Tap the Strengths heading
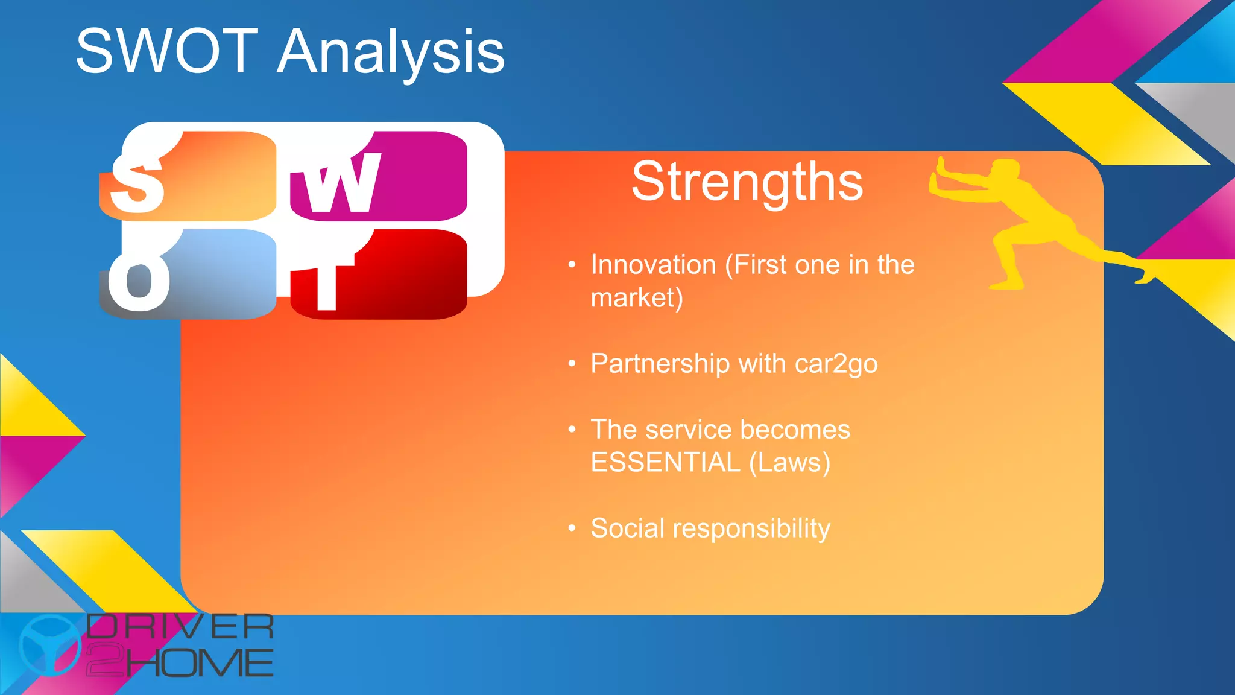747,182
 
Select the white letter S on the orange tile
137,183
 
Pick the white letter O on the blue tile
139,280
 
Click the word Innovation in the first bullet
653,265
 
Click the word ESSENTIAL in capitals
665,463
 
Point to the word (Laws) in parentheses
789,463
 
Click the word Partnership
660,364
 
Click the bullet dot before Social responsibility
572,528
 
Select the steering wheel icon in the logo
49,644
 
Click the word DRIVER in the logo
180,627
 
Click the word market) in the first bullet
636,298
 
